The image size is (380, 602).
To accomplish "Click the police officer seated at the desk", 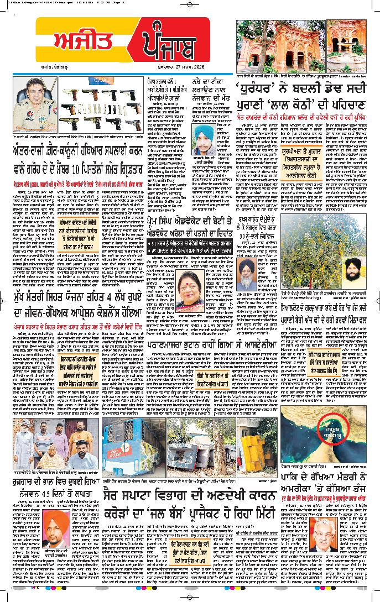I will (34, 103).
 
